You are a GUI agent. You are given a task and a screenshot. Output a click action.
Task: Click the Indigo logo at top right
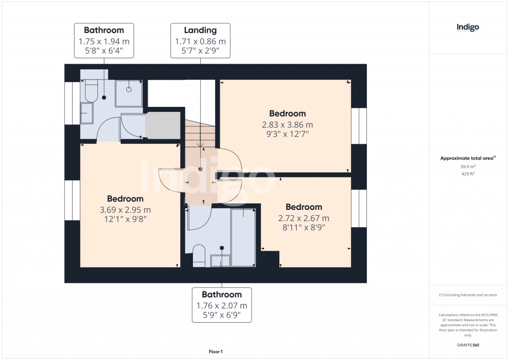[x=468, y=27]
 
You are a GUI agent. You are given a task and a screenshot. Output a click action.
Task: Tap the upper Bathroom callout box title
[x=104, y=30]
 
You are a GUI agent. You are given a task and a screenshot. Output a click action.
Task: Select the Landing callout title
[x=200, y=30]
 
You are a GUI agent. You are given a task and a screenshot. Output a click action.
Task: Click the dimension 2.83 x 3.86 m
[x=287, y=124]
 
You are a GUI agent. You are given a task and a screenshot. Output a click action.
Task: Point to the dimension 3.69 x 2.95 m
[x=125, y=209]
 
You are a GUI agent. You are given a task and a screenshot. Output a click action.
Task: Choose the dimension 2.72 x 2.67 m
[x=304, y=218]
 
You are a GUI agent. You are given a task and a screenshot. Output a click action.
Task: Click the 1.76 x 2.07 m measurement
[x=222, y=306]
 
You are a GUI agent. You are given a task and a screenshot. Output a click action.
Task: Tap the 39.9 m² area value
[x=467, y=167]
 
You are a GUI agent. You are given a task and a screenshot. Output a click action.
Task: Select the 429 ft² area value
[x=467, y=174]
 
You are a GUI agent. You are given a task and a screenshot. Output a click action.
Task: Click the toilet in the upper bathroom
[x=92, y=91]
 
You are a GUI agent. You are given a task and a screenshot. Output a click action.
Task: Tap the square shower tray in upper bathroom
[x=129, y=93]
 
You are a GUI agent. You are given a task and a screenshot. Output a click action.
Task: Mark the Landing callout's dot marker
[x=200, y=169]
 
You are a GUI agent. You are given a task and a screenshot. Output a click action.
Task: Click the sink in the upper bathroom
[x=86, y=114]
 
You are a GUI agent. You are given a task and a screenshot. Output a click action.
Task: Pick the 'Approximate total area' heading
[x=467, y=158]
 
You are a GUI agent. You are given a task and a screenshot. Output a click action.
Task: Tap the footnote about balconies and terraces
[x=468, y=295]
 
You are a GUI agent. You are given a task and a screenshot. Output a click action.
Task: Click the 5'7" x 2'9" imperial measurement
[x=200, y=50]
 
